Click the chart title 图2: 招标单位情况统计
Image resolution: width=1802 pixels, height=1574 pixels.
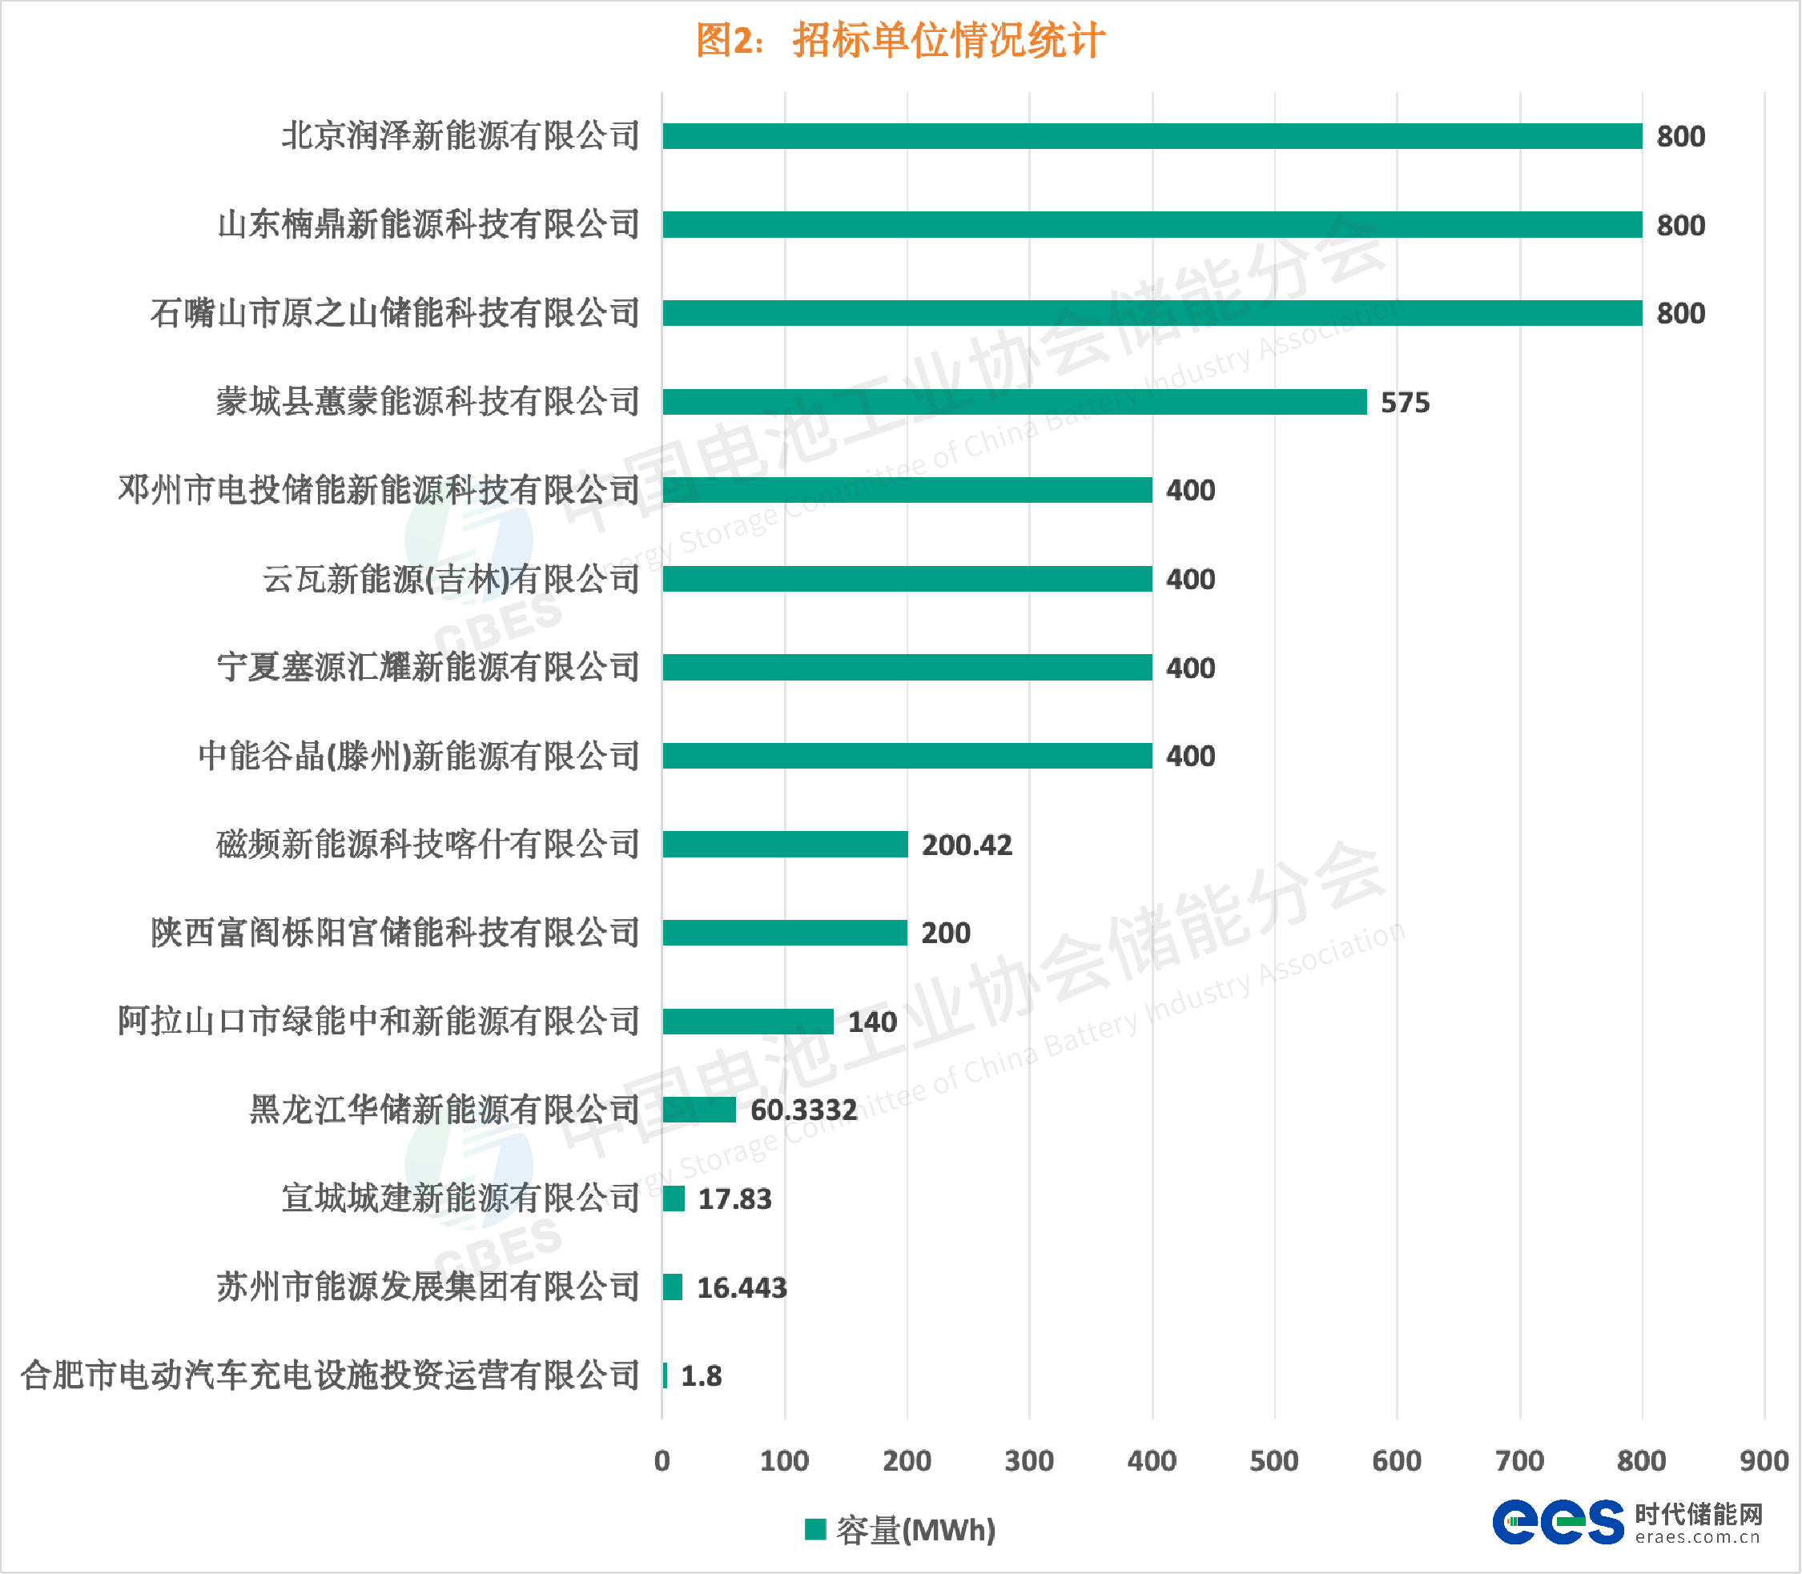point(899,40)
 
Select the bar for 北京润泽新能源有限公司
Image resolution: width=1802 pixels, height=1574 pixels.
point(1151,136)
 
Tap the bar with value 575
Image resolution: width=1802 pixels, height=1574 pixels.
point(1014,401)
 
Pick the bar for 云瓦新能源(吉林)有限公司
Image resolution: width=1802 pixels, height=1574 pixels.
point(907,579)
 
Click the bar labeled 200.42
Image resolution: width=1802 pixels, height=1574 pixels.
point(785,844)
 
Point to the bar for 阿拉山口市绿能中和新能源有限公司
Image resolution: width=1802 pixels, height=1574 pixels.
point(748,1022)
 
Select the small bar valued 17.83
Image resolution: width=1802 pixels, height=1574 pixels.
point(674,1198)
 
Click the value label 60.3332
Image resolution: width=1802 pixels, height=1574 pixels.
point(803,1110)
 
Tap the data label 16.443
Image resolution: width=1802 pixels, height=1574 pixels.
point(742,1287)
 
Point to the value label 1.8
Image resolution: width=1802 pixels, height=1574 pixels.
point(701,1375)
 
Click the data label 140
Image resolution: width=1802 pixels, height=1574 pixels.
point(871,1022)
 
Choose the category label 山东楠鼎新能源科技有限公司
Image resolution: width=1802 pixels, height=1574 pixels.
point(428,225)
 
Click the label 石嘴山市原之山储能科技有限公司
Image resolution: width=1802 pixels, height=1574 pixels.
point(396,314)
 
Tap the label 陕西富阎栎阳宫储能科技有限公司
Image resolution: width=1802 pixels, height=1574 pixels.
point(396,933)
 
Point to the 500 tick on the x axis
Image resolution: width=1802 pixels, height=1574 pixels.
point(1274,1460)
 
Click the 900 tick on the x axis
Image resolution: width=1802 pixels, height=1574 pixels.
point(1764,1460)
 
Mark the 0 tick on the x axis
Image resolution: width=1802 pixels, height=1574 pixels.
point(662,1460)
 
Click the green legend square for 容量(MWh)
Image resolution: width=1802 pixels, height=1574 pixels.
point(815,1529)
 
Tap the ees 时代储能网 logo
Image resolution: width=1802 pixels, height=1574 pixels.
point(1627,1522)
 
